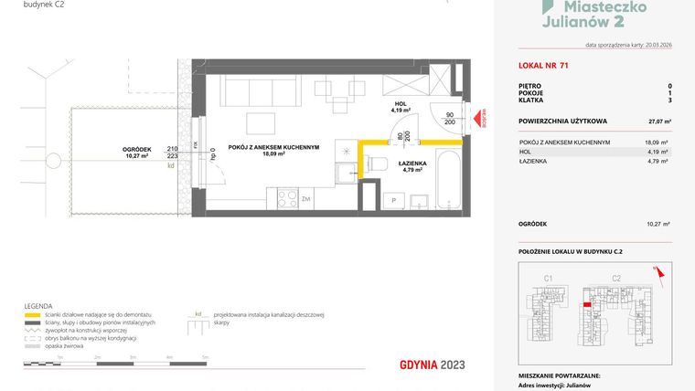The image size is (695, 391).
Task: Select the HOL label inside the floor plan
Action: pos(400,105)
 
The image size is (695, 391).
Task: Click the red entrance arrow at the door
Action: pos(476,118)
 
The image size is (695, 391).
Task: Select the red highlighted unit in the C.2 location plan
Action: pos(586,305)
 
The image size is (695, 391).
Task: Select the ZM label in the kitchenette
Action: pos(306,197)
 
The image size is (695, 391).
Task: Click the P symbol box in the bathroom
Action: pos(393,199)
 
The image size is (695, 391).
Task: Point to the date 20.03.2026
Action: pos(652,45)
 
